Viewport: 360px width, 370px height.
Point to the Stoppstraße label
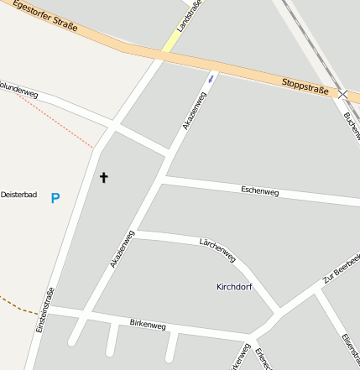pyautogui.click(x=305, y=85)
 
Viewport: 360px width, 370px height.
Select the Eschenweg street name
pyautogui.click(x=259, y=191)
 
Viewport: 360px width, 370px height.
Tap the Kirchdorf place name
pyautogui.click(x=234, y=287)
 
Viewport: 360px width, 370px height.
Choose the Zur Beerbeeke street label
pyautogui.click(x=341, y=268)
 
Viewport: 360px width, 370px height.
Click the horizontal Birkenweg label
pyautogui.click(x=148, y=324)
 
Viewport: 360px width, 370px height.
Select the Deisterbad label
pyautogui.click(x=18, y=195)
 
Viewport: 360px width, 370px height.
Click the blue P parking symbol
pyautogui.click(x=55, y=199)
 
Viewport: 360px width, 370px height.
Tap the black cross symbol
pyautogui.click(x=104, y=178)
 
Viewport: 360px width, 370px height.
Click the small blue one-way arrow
pyautogui.click(x=211, y=79)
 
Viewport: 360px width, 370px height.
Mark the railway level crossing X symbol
pyautogui.click(x=344, y=95)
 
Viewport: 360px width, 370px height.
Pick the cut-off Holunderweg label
pyautogui.click(x=18, y=88)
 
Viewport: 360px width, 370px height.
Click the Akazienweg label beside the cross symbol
pyautogui.click(x=122, y=249)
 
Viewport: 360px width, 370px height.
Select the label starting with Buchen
pyautogui.click(x=352, y=126)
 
